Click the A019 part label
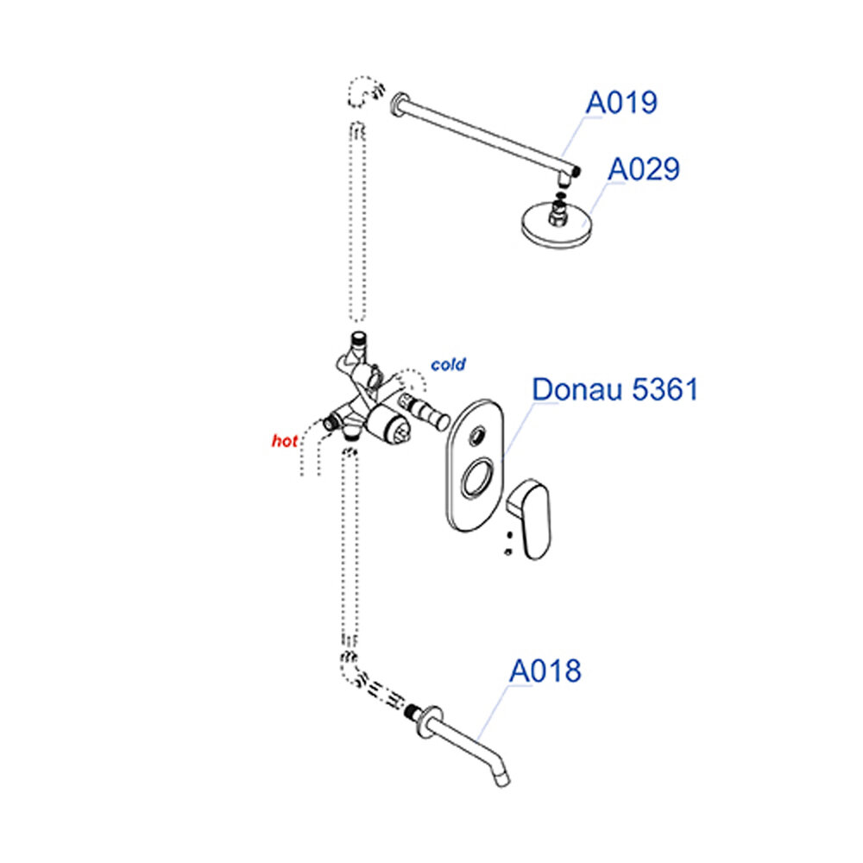point(621,103)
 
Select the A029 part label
point(644,169)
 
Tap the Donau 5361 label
point(614,389)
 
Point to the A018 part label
point(545,670)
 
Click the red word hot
point(284,441)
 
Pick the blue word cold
point(449,365)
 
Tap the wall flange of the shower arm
point(399,104)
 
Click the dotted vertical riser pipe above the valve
point(356,224)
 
